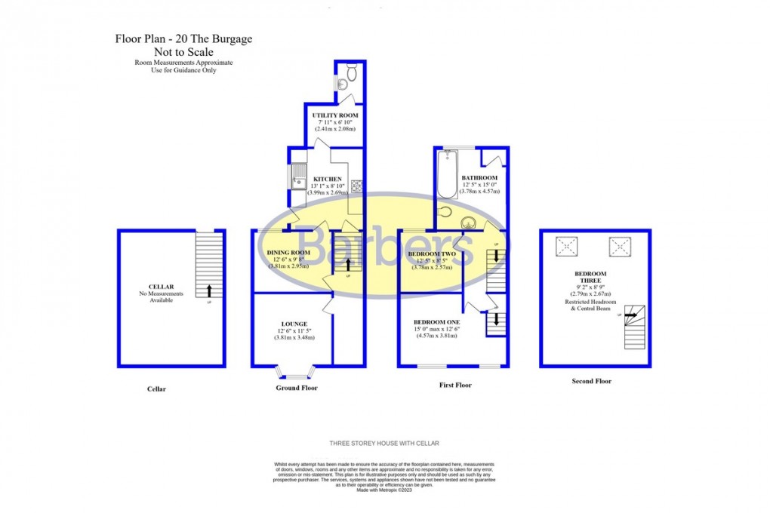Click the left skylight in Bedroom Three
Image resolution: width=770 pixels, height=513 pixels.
(x=566, y=246)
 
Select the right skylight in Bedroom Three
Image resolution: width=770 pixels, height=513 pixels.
(x=619, y=246)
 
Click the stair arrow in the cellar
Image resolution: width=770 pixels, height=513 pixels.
(x=209, y=288)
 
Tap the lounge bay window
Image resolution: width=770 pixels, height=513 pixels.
(x=294, y=373)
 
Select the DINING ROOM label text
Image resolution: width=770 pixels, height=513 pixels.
(x=289, y=252)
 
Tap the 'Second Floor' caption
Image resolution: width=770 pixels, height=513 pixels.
(x=591, y=382)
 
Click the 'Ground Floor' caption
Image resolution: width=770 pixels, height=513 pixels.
(x=296, y=388)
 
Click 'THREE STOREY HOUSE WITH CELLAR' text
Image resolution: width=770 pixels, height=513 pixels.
(x=384, y=443)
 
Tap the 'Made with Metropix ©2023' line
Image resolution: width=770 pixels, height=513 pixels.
(x=384, y=490)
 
